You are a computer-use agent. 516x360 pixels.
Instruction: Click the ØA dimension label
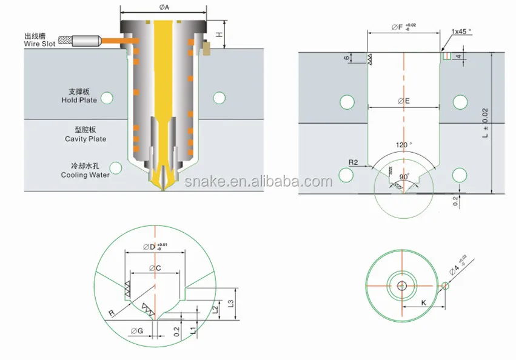164,7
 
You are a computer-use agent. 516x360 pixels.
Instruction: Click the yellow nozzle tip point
164,190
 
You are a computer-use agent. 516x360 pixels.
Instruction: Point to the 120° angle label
403,145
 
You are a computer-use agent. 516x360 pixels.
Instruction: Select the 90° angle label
403,176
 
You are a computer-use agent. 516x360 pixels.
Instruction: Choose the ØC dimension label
155,267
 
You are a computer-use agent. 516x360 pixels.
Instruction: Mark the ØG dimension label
136,331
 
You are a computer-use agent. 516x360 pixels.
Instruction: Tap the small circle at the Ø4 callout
446,286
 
